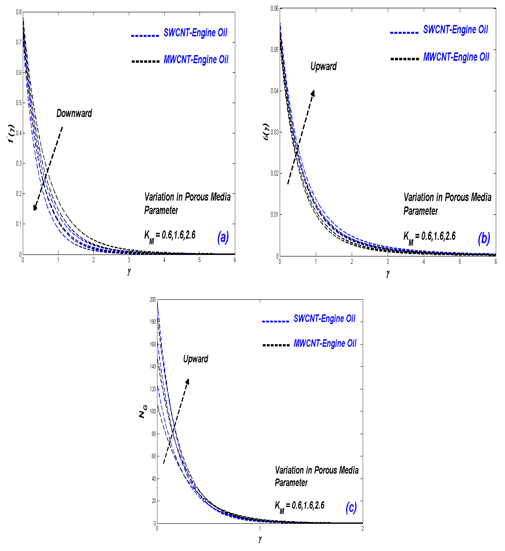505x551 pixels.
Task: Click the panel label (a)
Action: tap(223, 237)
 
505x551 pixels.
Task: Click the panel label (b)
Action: tap(484, 239)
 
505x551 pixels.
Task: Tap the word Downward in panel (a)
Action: tap(74, 113)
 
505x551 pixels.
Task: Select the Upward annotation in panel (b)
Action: tap(323, 66)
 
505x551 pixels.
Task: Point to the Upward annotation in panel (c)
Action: tap(196, 359)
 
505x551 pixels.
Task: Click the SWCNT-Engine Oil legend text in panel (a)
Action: tap(195, 32)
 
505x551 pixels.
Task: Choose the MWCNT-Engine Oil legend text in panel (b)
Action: tap(456, 57)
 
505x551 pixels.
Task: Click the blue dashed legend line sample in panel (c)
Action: tap(275, 321)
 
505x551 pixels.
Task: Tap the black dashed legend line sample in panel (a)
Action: tap(145, 61)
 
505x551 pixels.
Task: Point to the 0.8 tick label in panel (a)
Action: tap(19, 12)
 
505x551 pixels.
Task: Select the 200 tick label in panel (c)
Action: tap(153, 299)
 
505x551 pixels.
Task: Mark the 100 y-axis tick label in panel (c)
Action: tap(153, 411)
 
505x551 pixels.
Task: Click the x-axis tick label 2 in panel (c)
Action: tap(363, 529)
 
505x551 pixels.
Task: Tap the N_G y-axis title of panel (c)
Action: tap(143, 412)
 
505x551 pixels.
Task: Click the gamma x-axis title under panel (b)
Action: tap(388, 273)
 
